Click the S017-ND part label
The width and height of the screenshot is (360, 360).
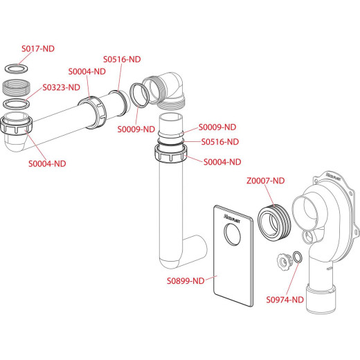(x=38, y=48)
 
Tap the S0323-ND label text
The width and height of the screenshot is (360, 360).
(x=62, y=87)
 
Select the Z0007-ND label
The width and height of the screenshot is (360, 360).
(x=266, y=181)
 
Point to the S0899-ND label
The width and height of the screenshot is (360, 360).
(x=186, y=281)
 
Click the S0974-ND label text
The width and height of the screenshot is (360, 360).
(x=285, y=300)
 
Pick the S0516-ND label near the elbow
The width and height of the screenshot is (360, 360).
(x=122, y=60)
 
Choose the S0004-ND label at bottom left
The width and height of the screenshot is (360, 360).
(x=47, y=163)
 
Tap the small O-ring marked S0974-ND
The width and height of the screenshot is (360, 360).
(x=298, y=257)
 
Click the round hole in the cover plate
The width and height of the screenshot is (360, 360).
(x=233, y=234)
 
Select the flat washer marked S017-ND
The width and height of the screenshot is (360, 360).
(x=17, y=69)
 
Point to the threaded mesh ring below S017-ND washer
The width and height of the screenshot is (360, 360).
(x=16, y=87)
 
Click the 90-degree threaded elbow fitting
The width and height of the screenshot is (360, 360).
(x=167, y=91)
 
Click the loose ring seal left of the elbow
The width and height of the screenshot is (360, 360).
(x=139, y=95)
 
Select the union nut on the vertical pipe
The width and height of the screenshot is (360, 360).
(x=171, y=153)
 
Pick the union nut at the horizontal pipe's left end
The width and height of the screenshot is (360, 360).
(x=16, y=125)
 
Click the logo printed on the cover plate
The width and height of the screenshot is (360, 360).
(x=232, y=219)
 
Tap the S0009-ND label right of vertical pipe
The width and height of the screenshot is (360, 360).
(x=217, y=127)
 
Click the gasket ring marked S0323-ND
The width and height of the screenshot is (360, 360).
(x=17, y=104)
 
